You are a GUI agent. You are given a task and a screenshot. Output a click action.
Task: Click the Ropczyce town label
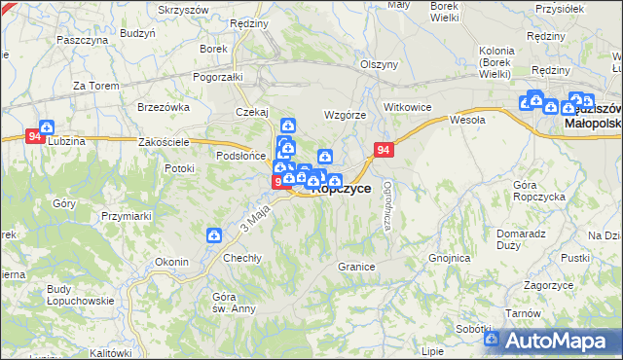coord(341,190)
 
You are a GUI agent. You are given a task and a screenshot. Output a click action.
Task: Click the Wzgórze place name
coord(345,115)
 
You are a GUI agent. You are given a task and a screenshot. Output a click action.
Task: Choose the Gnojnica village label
coord(450,259)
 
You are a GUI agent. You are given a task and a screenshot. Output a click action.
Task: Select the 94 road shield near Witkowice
coord(385,150)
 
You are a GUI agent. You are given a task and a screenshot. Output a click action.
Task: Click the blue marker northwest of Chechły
coord(214,234)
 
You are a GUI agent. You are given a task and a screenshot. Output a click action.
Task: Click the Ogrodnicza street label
coord(387,205)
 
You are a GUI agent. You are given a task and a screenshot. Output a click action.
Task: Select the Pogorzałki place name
coord(217,76)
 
